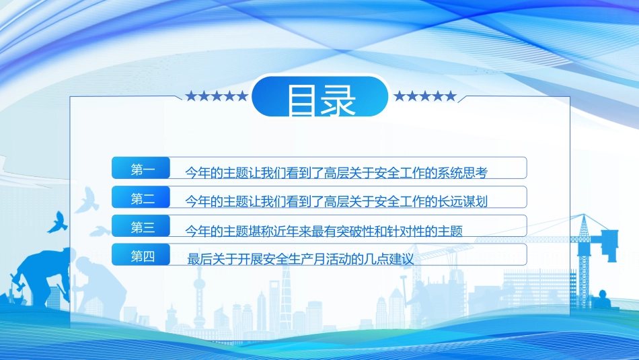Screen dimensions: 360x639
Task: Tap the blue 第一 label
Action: pos(143,170)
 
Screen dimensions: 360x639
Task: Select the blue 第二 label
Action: pos(143,199)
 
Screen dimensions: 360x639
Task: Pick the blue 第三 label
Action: pos(143,227)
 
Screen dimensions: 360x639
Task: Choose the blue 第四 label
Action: pos(143,256)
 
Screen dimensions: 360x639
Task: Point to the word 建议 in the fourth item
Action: pos(406,258)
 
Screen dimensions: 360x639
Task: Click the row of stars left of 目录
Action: pos(216,96)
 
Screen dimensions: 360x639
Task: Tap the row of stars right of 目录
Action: pos(424,96)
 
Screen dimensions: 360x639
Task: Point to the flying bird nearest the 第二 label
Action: pos(87,200)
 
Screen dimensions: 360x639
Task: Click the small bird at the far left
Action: pos(55,221)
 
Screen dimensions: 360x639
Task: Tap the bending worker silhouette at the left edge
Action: pos(37,276)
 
